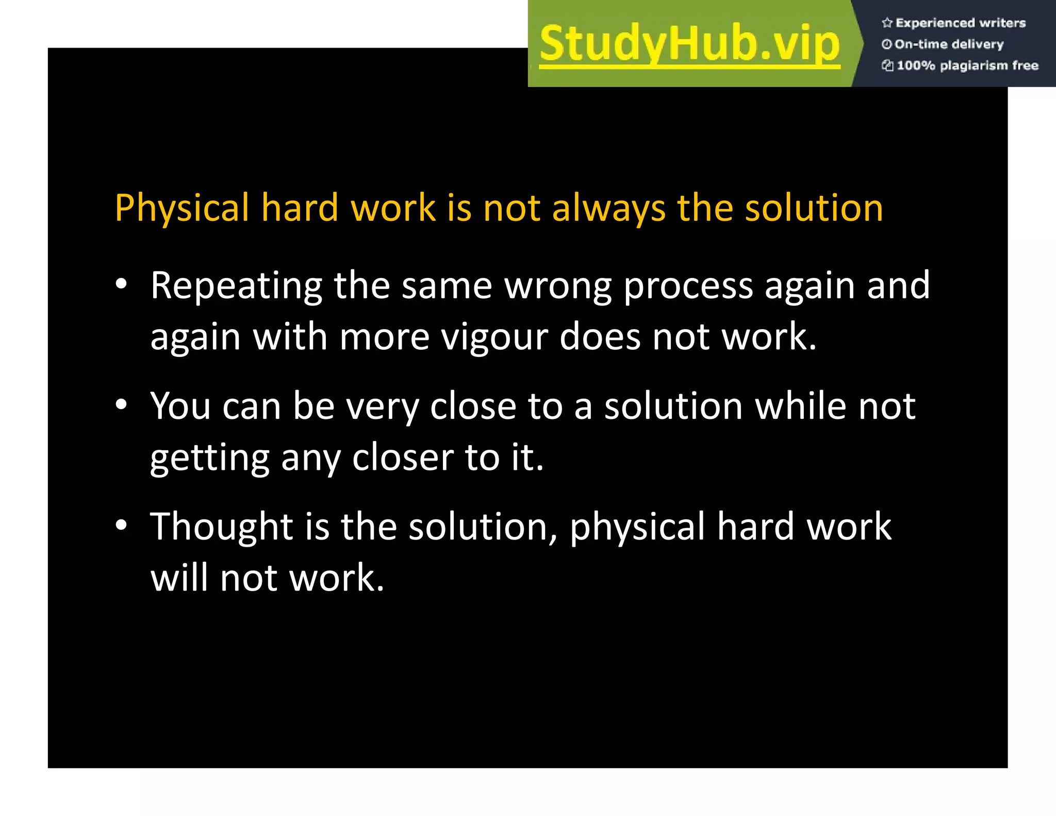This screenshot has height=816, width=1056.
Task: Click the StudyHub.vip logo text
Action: [x=689, y=44]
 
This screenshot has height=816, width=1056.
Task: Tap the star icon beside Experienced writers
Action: [x=887, y=23]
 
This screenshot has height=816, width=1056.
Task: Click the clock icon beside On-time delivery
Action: [x=886, y=44]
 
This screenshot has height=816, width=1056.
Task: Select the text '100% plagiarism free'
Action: [x=967, y=66]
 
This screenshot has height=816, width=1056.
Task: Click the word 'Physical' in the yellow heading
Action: [x=181, y=208]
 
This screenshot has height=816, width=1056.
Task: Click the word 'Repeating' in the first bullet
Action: [x=236, y=285]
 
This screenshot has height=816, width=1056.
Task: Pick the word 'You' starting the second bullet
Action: [x=180, y=406]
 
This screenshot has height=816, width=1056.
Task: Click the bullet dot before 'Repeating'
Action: [x=121, y=284]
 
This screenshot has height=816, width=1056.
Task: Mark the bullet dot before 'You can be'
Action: [x=121, y=405]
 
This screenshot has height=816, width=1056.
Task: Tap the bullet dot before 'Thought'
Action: [x=121, y=526]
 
